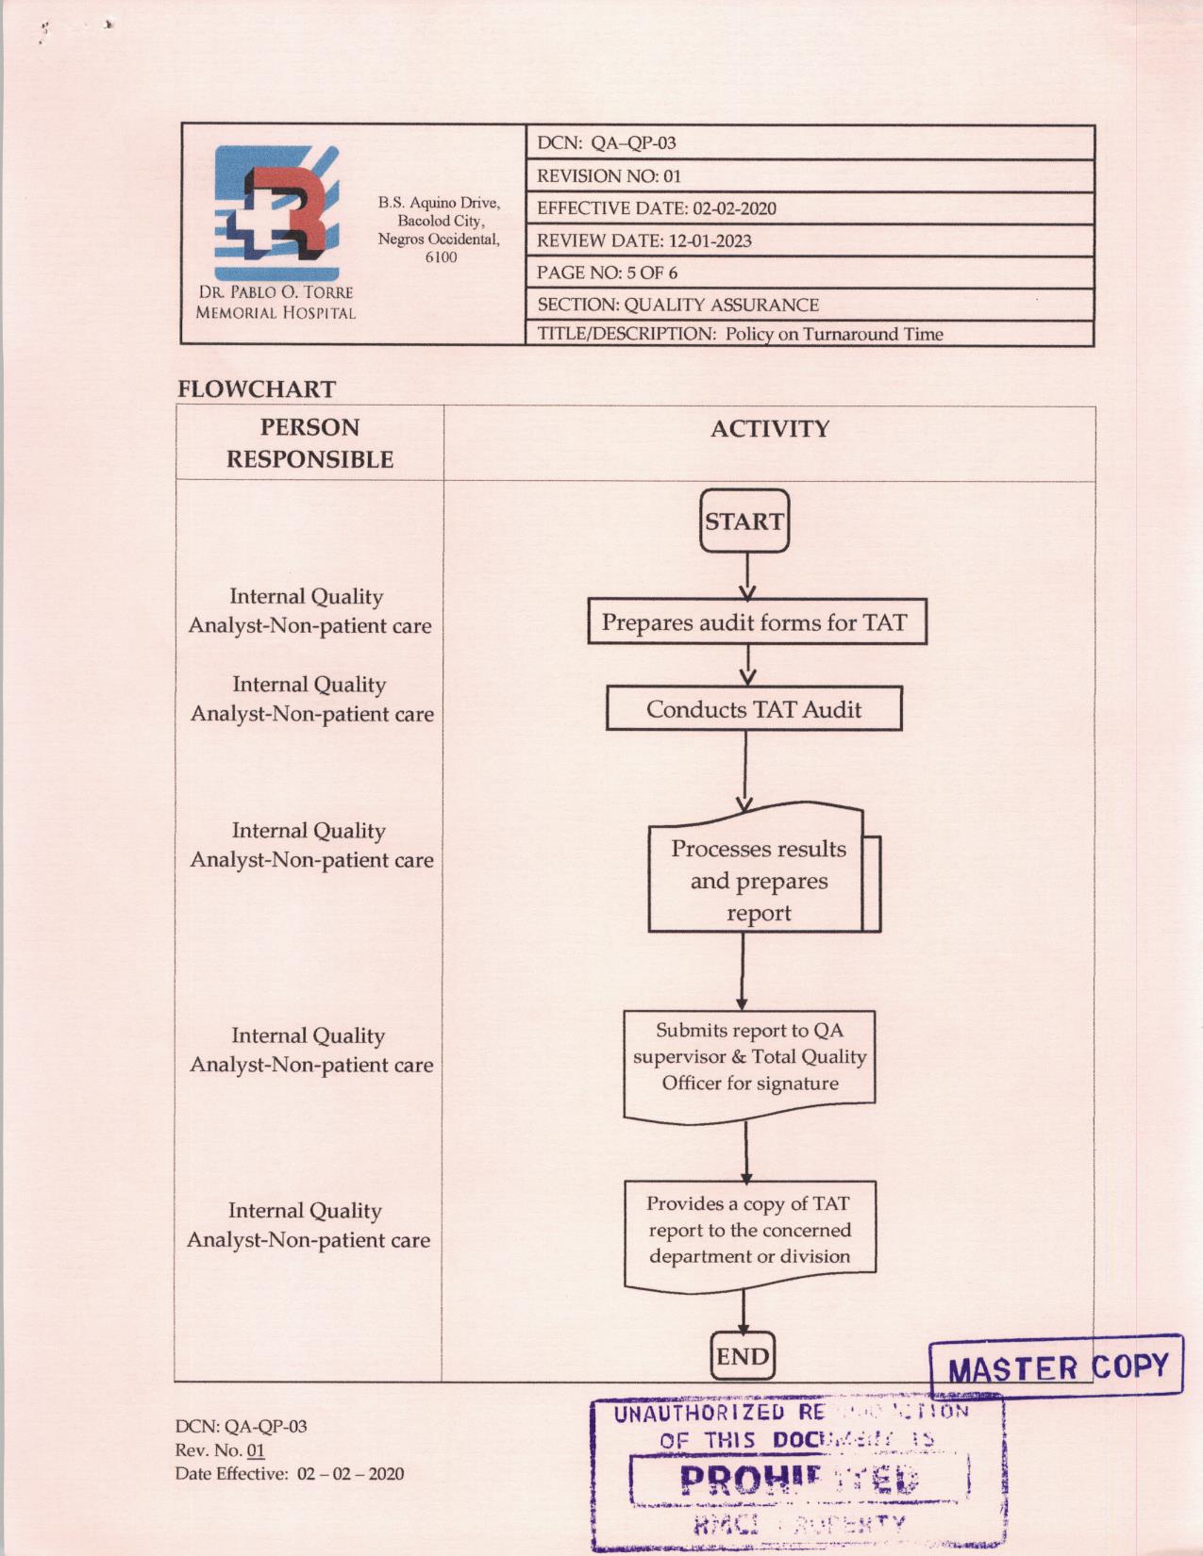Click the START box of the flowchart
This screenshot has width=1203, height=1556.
point(744,521)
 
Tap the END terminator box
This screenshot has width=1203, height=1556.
point(743,1356)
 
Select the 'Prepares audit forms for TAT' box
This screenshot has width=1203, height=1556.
point(756,622)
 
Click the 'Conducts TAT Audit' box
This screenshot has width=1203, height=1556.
point(753,709)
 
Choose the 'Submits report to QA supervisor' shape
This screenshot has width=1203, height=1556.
point(749,1057)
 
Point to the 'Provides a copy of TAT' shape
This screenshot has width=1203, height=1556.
point(749,1230)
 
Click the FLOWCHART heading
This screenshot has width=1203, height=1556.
point(257,389)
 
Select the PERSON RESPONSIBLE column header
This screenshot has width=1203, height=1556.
point(309,443)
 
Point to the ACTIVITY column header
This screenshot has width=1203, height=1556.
point(769,429)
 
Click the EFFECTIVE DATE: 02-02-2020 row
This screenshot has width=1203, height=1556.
point(657,208)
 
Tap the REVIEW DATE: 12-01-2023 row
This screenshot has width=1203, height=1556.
point(644,240)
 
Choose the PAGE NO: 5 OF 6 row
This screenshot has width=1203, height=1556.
point(608,273)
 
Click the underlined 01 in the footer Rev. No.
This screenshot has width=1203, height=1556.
point(256,1450)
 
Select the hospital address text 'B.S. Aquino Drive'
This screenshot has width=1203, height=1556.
point(439,203)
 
